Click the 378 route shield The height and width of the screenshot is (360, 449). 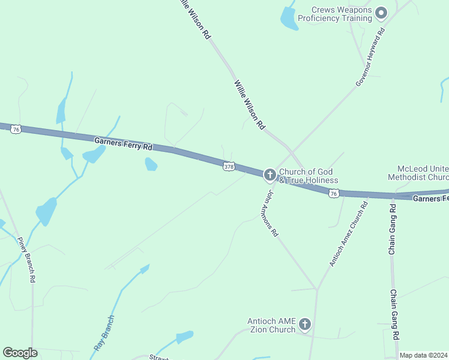229,167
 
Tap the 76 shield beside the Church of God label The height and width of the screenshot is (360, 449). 334,193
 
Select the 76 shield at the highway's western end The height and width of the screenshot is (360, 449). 16,129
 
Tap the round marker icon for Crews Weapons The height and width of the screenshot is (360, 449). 381,13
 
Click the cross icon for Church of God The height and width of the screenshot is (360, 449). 270,175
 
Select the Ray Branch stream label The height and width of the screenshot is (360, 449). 104,332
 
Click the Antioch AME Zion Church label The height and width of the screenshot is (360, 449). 272,325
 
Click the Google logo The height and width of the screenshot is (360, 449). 20,353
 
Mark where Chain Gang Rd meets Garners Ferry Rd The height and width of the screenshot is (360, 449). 393,196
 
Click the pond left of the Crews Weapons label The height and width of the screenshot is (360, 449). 289,19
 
